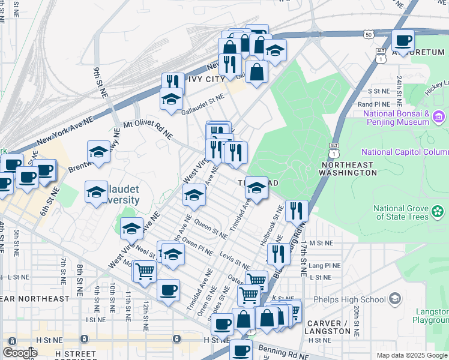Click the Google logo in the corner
click(x=20, y=353)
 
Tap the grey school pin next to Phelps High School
click(x=395, y=298)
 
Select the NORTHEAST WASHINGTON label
click(x=349, y=169)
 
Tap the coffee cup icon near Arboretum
click(x=403, y=41)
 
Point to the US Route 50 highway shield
click(x=369, y=35)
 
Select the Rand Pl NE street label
click(x=375, y=104)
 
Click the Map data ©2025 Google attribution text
click(x=411, y=355)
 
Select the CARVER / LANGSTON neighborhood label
click(x=328, y=327)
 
